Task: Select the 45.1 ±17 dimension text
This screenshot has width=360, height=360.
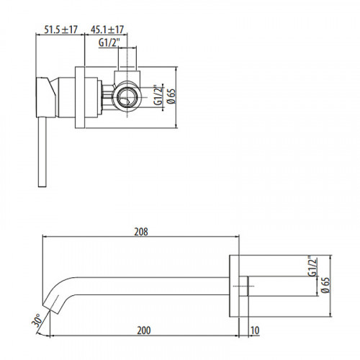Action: pyautogui.click(x=107, y=30)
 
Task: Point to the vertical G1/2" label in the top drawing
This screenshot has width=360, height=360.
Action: pyautogui.click(x=158, y=95)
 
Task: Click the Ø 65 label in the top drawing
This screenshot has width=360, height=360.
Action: pyautogui.click(x=171, y=94)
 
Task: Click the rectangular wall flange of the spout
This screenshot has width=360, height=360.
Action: pyautogui.click(x=235, y=286)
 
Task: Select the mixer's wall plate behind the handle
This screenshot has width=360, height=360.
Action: pyautogui.click(x=79, y=94)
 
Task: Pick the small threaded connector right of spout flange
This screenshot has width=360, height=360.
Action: pyautogui.click(x=247, y=286)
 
